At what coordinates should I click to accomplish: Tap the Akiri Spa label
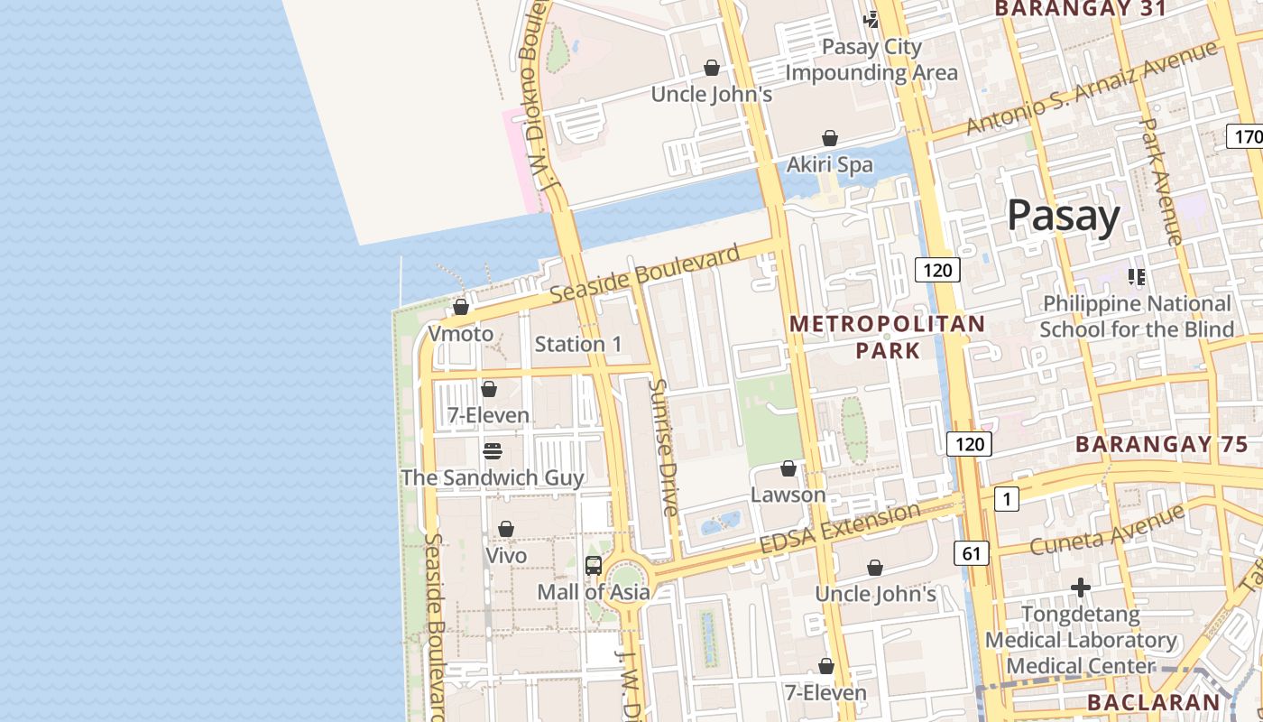tap(830, 164)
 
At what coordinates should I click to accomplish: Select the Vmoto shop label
tap(460, 334)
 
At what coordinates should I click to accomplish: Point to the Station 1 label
tap(578, 344)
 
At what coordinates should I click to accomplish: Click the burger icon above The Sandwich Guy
tap(492, 450)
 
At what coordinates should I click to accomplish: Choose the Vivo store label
tap(506, 555)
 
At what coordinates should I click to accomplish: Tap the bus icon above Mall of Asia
tap(594, 566)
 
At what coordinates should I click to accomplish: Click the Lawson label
tap(788, 495)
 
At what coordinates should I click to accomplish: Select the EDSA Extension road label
tap(839, 528)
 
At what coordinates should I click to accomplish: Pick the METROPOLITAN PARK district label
tap(888, 337)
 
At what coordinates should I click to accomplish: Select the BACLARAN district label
tap(1153, 702)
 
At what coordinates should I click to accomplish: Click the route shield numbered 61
tap(971, 553)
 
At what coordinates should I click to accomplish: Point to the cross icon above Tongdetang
tap(1081, 588)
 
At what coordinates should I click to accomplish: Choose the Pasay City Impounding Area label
tap(871, 60)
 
